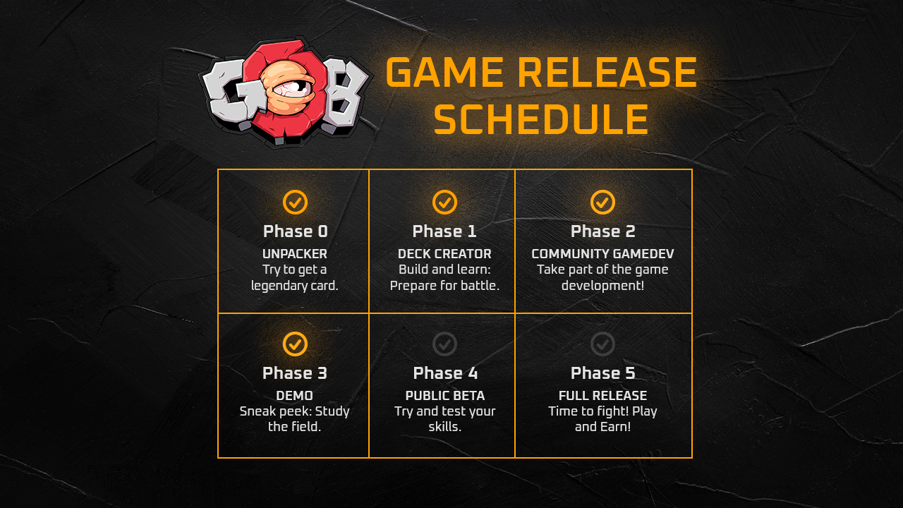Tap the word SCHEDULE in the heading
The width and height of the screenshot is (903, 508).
[x=541, y=119]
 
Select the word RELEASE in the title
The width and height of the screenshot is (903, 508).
[x=607, y=72]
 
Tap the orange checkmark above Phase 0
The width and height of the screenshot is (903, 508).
[x=295, y=202]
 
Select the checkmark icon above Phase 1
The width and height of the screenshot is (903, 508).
[x=444, y=202]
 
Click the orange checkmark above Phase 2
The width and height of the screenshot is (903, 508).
[x=602, y=202]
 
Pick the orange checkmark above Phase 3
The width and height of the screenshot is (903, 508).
[x=295, y=344]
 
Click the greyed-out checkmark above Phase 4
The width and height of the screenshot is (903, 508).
[x=444, y=344]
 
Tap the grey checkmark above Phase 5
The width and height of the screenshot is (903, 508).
[x=602, y=344]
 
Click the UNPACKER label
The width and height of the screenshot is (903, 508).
[x=295, y=253]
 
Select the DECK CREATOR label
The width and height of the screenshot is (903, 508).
[x=444, y=253]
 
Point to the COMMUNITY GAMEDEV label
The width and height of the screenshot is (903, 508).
[x=602, y=253]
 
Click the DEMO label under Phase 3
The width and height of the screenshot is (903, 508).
[x=295, y=396]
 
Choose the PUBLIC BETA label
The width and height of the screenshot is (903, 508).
[x=445, y=396]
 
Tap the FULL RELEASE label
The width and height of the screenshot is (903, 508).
[x=602, y=396]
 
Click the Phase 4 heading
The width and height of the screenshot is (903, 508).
[x=445, y=373]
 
